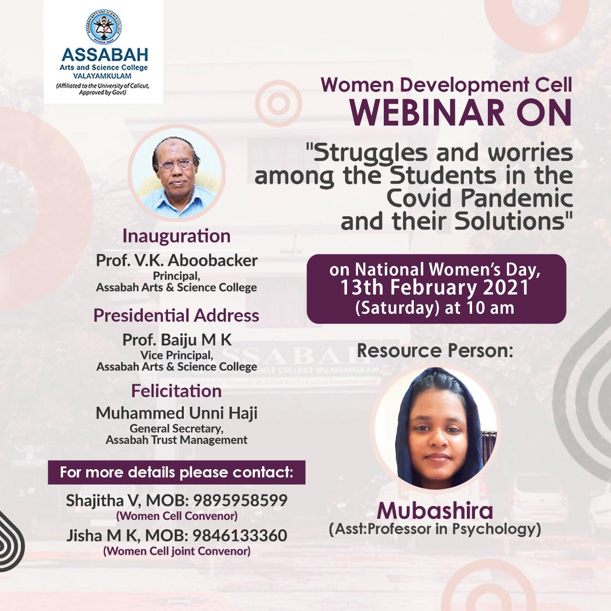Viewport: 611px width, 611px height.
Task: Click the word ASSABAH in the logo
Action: tap(105, 55)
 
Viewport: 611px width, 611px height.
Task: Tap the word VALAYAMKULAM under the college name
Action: tap(102, 76)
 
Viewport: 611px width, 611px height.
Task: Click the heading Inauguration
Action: tap(176, 236)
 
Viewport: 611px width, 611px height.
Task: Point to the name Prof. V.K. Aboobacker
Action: tap(177, 261)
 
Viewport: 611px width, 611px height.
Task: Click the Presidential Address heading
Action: tap(176, 316)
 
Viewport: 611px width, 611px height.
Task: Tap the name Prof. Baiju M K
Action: tap(177, 340)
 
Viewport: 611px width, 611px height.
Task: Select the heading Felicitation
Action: tap(176, 391)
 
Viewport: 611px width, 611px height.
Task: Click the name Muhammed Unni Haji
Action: tap(177, 413)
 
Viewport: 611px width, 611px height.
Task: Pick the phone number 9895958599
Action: tap(240, 501)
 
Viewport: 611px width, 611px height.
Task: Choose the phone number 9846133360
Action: tap(240, 536)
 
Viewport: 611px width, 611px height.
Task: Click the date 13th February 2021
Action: tap(435, 288)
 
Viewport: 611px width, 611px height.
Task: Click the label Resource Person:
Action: tap(435, 351)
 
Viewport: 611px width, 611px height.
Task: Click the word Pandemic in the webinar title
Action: tap(517, 199)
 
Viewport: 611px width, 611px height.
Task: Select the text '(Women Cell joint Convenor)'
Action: tap(177, 551)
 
